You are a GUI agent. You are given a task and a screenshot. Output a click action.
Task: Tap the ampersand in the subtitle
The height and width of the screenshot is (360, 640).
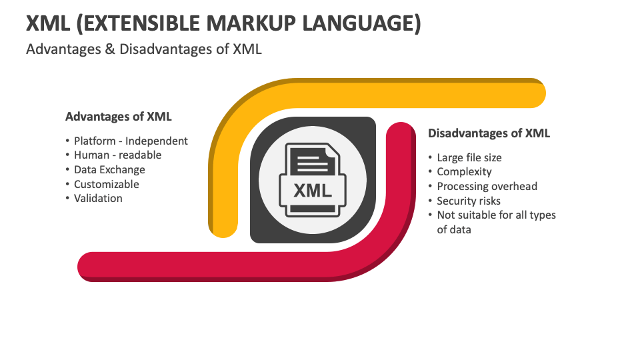110,49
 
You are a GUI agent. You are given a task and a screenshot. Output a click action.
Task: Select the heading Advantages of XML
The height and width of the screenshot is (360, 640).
119,116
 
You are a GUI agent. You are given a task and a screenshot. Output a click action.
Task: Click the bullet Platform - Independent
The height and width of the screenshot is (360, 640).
131,141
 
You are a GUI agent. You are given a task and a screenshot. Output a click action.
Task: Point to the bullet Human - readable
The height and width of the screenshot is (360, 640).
117,155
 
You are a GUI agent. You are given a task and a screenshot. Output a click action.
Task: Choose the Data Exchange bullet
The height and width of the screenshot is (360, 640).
109,170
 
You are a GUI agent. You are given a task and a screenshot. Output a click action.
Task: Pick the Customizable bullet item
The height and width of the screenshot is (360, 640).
107,184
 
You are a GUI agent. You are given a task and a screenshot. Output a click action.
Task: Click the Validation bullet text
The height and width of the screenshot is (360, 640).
98,199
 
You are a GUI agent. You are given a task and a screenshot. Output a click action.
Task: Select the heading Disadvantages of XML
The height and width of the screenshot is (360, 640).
489,133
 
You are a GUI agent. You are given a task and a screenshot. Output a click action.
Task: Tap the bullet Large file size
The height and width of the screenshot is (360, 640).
469,157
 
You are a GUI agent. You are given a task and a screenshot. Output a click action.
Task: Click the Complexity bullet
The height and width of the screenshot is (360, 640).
464,172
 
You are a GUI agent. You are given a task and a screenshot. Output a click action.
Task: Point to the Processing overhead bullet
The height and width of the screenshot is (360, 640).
487,186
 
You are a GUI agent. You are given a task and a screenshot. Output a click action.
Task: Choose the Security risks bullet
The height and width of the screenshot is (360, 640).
469,201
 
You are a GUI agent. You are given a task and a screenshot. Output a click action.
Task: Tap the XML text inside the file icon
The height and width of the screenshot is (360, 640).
313,191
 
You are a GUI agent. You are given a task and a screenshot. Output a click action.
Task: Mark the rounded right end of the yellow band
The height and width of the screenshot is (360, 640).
538,93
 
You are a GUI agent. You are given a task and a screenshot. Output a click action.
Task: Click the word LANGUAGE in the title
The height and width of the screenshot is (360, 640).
361,23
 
